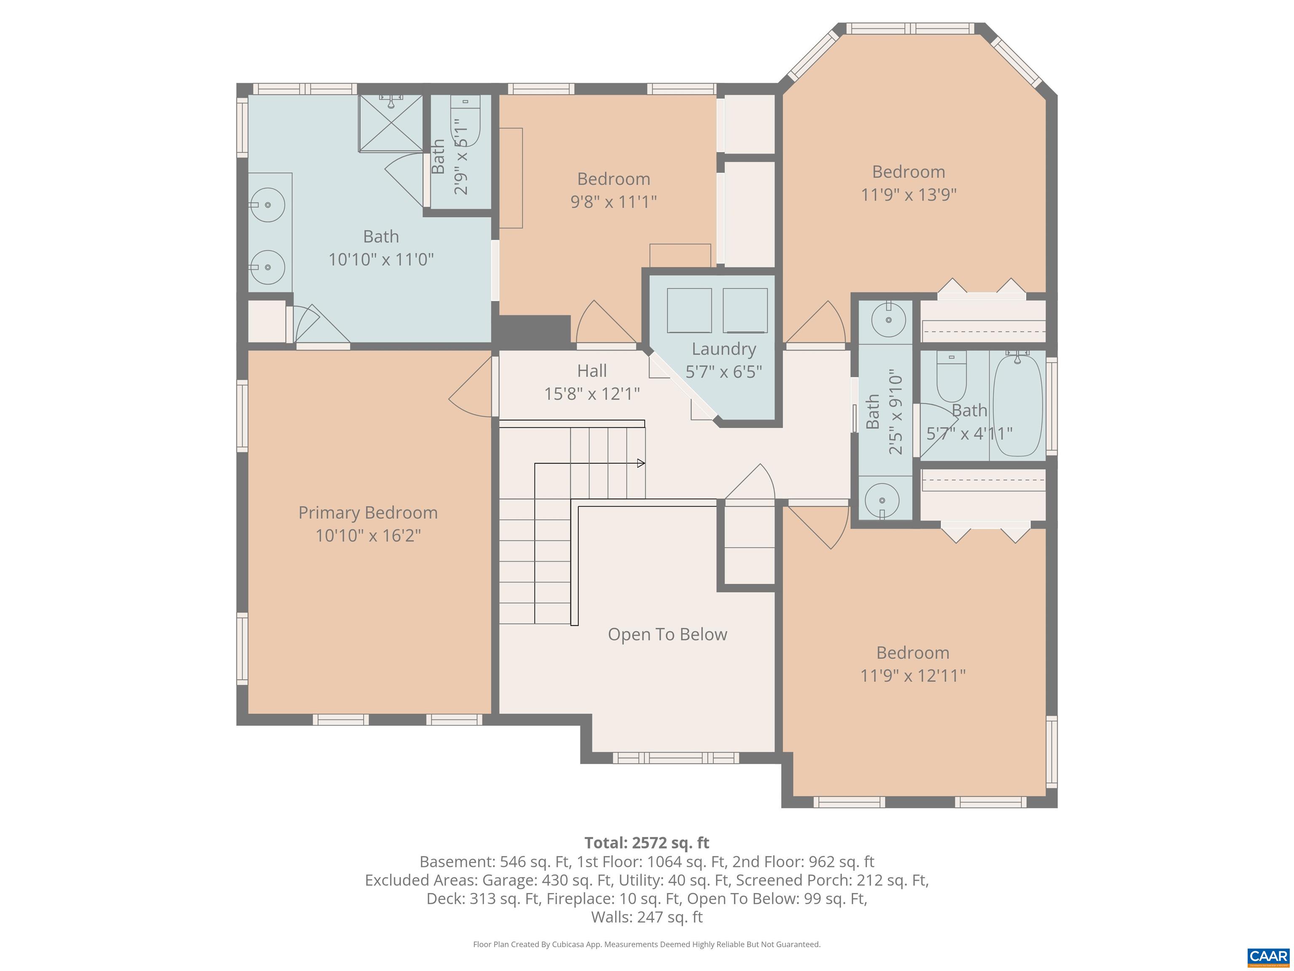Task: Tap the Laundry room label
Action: (x=724, y=349)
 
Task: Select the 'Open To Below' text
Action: (x=667, y=634)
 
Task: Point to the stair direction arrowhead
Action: (x=641, y=463)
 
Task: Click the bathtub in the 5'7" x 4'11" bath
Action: (x=1018, y=405)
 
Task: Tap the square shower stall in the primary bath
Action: (x=390, y=123)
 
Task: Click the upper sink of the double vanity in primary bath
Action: (x=268, y=205)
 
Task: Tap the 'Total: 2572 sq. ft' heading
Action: (x=647, y=843)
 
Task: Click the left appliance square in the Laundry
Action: (x=689, y=310)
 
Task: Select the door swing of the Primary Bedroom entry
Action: (x=471, y=389)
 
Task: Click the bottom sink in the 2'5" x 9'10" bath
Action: (x=882, y=500)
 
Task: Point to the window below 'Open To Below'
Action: (x=676, y=758)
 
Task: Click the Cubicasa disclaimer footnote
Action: (x=647, y=944)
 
